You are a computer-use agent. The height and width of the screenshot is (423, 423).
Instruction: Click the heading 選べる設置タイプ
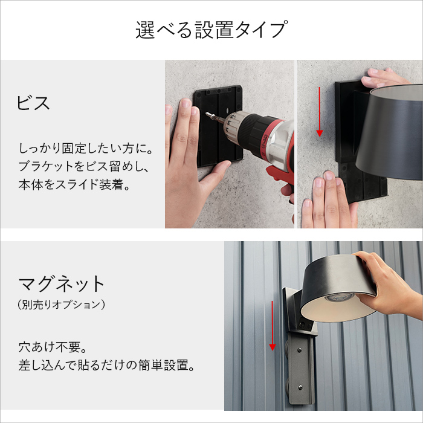[x=211, y=30]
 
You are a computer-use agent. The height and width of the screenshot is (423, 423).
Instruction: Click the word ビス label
[x=33, y=103]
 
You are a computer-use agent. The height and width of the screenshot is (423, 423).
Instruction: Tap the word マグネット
[x=62, y=283]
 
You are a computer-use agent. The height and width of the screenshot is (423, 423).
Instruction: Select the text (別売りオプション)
[x=62, y=305]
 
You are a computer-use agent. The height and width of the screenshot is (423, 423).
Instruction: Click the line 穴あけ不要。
[x=53, y=347]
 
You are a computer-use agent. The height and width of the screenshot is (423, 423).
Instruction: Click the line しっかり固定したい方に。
[x=86, y=149]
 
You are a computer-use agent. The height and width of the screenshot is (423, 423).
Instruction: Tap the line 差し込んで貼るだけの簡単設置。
[x=106, y=365]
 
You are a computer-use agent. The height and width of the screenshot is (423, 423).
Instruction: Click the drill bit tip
[x=207, y=114]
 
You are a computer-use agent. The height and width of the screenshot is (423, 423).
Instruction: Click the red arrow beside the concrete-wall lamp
[x=320, y=112]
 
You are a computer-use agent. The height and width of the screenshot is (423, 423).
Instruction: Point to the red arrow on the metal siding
[x=273, y=326]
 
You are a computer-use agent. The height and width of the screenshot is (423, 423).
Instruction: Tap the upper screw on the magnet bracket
[x=300, y=350]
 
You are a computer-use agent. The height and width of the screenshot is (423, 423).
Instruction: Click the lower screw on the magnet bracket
[x=300, y=388]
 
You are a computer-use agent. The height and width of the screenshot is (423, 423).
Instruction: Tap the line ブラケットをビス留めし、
[x=84, y=166]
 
